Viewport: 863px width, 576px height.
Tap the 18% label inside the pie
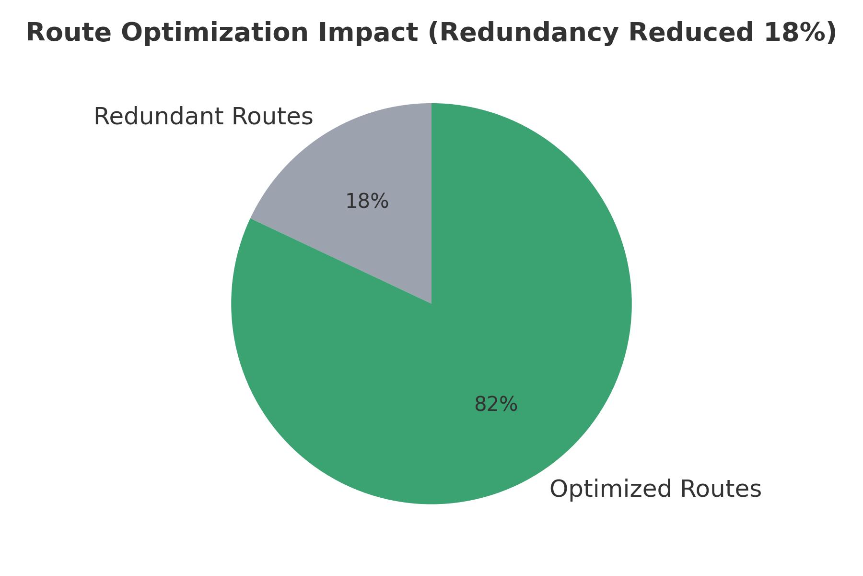click(367, 201)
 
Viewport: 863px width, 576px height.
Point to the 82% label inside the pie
click(496, 404)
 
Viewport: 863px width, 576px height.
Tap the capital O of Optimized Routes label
click(559, 489)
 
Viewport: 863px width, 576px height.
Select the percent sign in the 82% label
click(509, 404)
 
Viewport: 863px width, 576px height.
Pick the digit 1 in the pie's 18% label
click(351, 201)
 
